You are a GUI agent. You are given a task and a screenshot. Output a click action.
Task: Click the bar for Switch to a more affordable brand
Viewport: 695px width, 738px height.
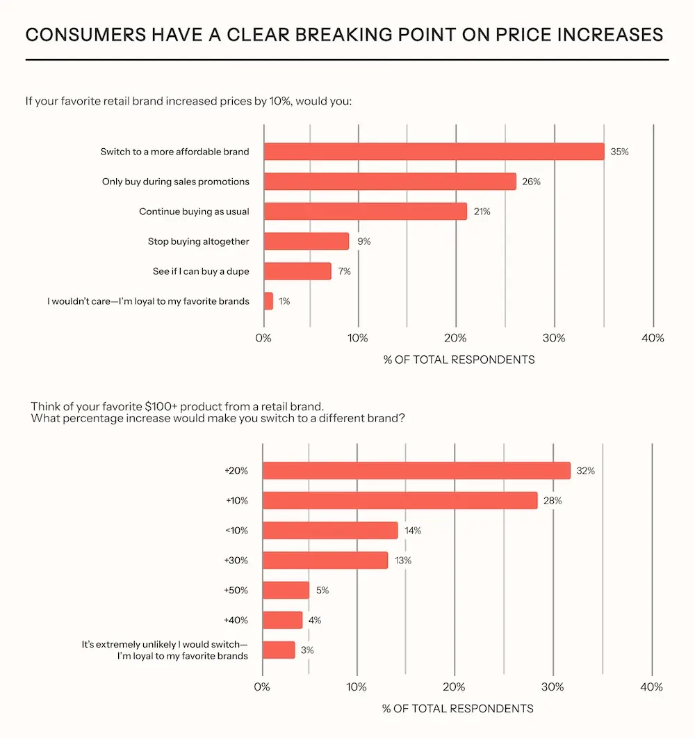click(x=434, y=151)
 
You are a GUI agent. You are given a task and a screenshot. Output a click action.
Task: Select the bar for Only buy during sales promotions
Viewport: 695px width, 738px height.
click(x=390, y=182)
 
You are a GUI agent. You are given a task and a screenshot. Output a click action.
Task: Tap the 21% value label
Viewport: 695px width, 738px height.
click(x=482, y=211)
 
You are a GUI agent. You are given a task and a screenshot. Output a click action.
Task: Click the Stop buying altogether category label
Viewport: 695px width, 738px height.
click(x=198, y=241)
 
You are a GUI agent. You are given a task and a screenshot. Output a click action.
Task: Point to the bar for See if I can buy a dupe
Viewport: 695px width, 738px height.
click(x=297, y=271)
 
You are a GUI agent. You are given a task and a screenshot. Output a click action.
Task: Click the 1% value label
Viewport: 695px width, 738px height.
click(x=284, y=301)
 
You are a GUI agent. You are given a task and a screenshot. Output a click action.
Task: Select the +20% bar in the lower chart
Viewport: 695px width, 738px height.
click(x=416, y=471)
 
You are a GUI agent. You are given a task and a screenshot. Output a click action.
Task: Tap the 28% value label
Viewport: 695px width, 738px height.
click(x=553, y=501)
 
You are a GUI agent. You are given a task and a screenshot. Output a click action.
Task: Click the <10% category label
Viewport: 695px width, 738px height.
click(x=236, y=531)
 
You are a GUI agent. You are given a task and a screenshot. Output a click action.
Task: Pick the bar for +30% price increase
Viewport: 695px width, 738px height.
click(x=325, y=561)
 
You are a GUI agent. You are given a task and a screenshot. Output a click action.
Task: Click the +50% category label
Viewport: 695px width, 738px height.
click(x=236, y=591)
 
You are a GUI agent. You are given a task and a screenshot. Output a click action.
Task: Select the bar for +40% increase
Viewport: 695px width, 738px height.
click(x=283, y=620)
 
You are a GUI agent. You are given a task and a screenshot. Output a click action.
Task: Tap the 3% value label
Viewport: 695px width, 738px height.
click(x=307, y=650)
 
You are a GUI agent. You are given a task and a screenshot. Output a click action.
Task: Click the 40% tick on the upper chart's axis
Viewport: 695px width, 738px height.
click(x=653, y=338)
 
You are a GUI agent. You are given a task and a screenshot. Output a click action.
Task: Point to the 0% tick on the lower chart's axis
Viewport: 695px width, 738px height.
click(x=262, y=687)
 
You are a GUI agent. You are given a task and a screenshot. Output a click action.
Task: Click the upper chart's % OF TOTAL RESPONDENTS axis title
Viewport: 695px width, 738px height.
click(x=459, y=360)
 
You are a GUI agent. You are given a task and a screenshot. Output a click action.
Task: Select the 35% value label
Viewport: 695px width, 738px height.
click(x=619, y=151)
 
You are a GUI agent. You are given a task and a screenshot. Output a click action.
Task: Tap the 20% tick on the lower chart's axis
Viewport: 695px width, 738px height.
click(x=455, y=687)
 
